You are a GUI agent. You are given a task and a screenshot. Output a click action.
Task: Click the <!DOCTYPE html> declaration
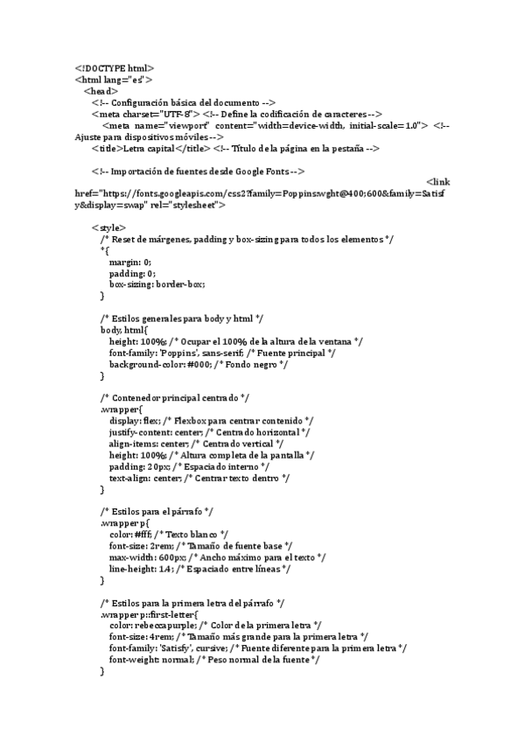pos(115,68)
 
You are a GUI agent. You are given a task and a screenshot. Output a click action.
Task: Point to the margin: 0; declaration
pos(130,262)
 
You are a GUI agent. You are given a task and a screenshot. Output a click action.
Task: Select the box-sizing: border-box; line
pos(157,284)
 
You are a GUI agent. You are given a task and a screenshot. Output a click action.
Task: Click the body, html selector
pos(124,330)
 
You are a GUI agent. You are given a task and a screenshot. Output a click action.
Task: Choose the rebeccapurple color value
pos(166,626)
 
